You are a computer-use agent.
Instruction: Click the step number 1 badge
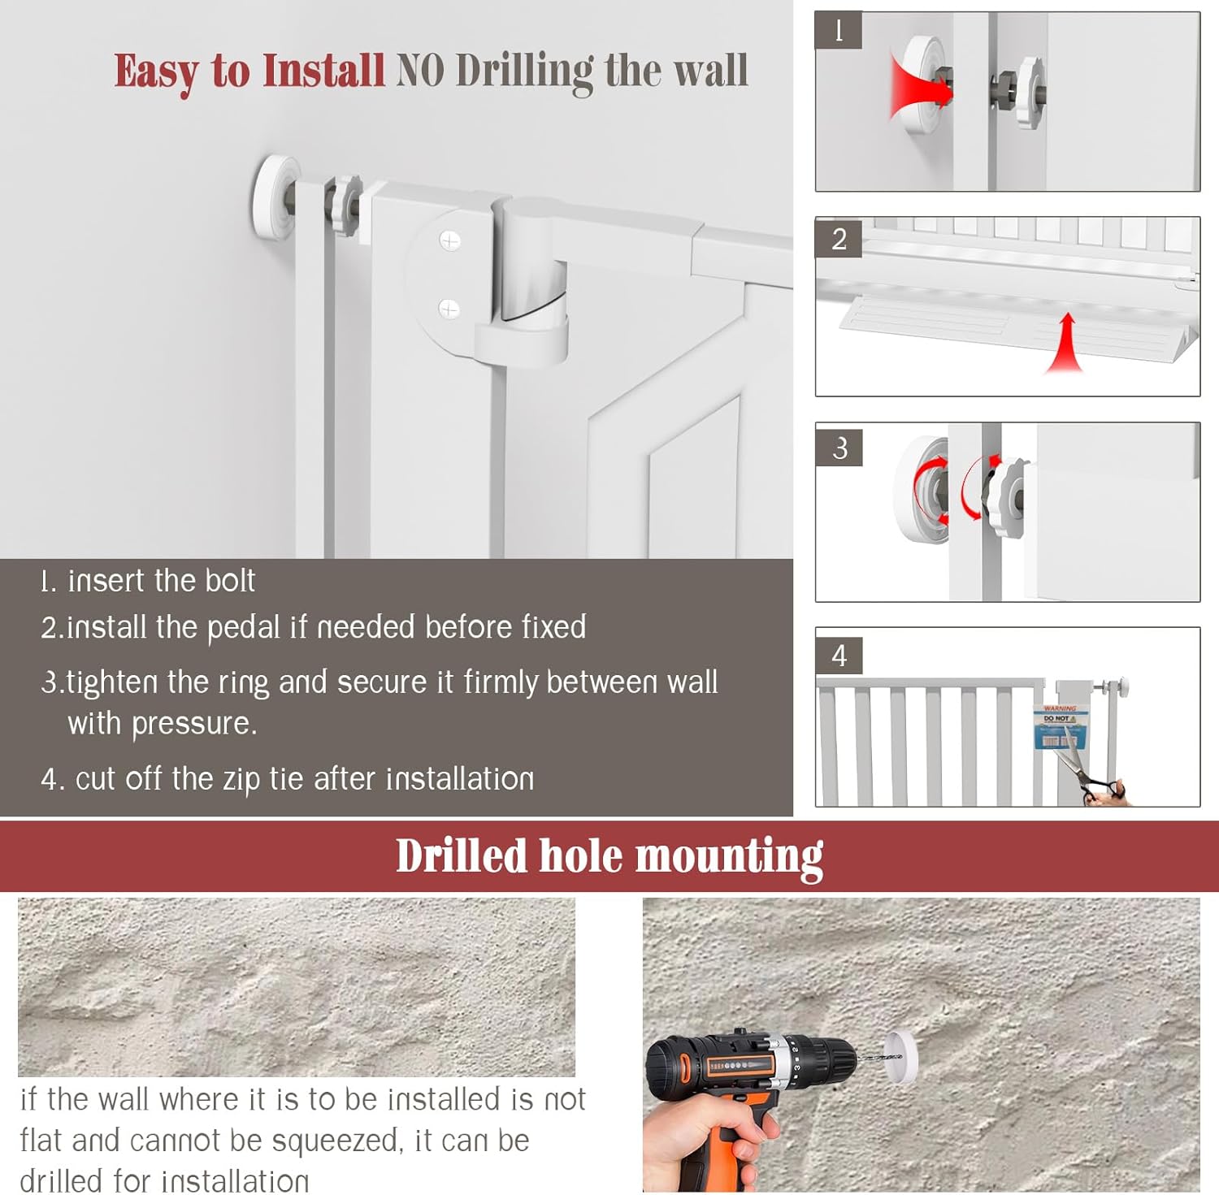point(838,31)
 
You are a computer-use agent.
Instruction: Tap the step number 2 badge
point(839,239)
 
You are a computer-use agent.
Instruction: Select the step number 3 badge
point(839,448)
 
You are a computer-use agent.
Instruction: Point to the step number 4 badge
point(839,655)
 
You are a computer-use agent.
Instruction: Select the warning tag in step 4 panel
point(1059,727)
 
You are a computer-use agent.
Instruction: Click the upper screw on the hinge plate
point(449,240)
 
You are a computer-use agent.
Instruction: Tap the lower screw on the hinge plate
point(449,309)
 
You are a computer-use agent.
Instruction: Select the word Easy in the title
point(155,71)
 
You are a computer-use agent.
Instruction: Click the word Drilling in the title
point(524,71)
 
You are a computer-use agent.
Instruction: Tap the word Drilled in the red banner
point(461,856)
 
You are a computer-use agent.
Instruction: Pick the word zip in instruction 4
point(241,779)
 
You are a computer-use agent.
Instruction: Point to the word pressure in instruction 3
point(193,723)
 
